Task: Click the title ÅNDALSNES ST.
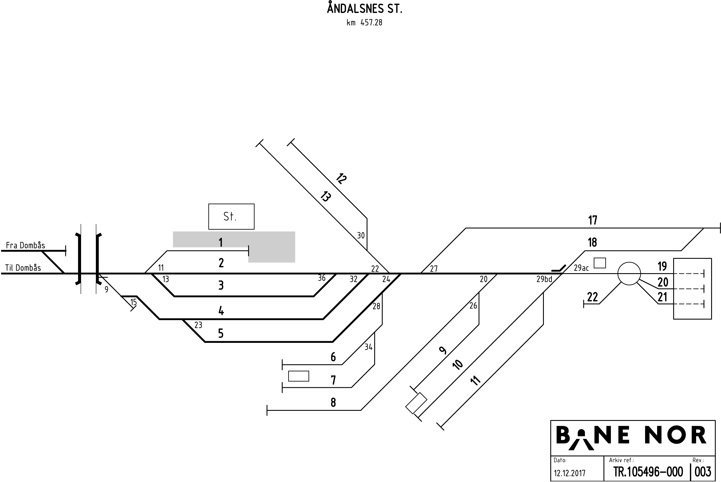pos(364,9)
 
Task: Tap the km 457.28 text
pos(364,23)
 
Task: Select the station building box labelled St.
pos(231,216)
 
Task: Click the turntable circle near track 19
pos(629,273)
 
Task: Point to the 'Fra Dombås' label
pos(26,245)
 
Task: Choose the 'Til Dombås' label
pos(23,268)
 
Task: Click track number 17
pos(593,220)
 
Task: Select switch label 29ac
pos(581,268)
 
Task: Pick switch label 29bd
pos(544,279)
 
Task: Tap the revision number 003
pos(703,472)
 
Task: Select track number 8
pos(333,402)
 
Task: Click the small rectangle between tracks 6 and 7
pos(298,376)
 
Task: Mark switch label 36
pos(322,278)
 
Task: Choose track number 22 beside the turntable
pos(593,297)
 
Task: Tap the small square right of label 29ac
pos(600,263)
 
